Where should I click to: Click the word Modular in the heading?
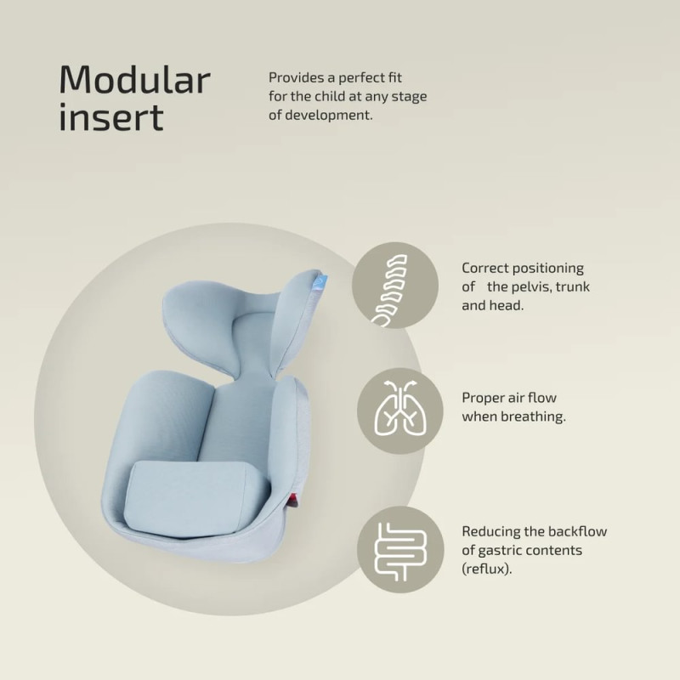(x=135, y=79)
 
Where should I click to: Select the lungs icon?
(x=400, y=408)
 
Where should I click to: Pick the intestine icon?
(x=400, y=552)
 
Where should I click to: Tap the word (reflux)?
(x=486, y=569)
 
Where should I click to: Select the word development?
(x=329, y=116)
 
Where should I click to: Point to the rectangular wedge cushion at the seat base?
(x=192, y=496)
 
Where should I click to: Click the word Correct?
(x=484, y=268)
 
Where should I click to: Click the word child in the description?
(x=330, y=96)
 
